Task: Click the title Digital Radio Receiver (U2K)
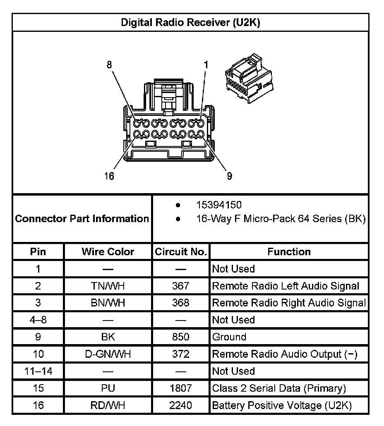190,22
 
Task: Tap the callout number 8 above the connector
109,65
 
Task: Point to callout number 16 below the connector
109,176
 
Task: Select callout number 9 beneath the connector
229,176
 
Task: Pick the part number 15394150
219,205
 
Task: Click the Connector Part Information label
82,218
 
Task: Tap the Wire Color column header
108,251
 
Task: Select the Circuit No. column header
181,251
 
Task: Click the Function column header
289,251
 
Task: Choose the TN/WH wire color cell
108,286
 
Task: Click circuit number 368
181,303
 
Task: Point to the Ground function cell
229,337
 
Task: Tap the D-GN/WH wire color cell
108,354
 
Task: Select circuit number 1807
181,388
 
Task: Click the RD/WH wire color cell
108,405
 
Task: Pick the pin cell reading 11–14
38,371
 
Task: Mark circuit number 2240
181,405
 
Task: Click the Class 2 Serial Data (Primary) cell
279,388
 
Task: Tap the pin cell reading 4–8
38,320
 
